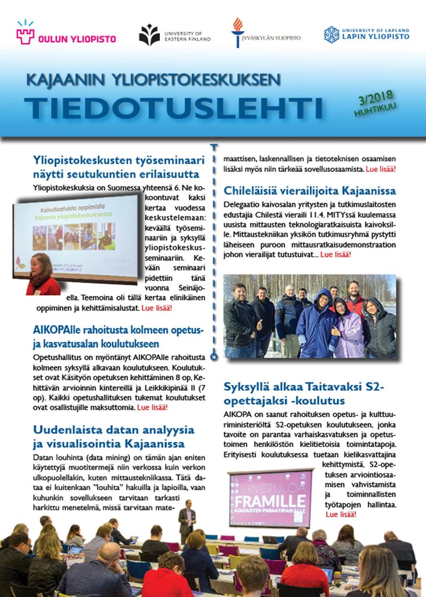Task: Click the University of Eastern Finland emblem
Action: coord(149,35)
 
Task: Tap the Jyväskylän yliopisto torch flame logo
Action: coord(237,31)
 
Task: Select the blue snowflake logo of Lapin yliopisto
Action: coord(331,34)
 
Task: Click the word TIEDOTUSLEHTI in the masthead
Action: coord(173,107)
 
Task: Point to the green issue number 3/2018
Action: coord(376,97)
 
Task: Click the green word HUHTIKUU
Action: coord(374,110)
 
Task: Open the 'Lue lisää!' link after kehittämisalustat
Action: coord(157,308)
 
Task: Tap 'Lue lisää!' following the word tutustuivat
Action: coord(335,255)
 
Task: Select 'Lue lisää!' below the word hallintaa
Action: coord(341,514)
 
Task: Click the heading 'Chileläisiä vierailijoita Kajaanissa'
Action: coord(310,191)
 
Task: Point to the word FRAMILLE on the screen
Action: coord(270,501)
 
